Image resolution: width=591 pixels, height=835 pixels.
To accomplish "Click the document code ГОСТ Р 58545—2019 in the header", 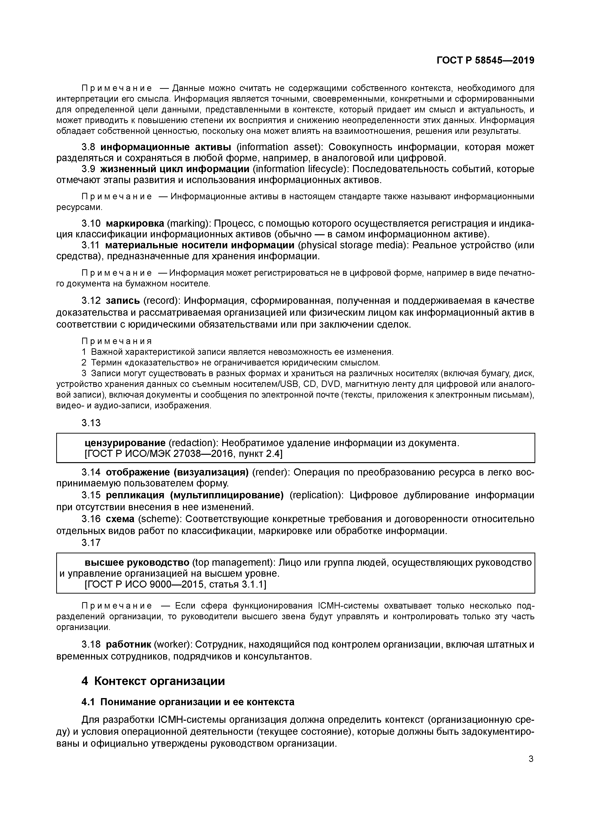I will [485, 61].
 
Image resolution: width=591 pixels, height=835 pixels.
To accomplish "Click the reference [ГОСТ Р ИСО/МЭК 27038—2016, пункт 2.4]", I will [183, 454].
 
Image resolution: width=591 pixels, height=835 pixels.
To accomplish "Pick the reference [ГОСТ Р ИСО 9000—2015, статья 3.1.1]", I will [175, 585].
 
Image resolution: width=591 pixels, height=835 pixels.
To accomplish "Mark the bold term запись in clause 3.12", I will [123, 301].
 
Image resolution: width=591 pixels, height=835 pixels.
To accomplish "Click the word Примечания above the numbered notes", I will [116, 341].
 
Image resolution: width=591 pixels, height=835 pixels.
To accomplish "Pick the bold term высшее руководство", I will [137, 562].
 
